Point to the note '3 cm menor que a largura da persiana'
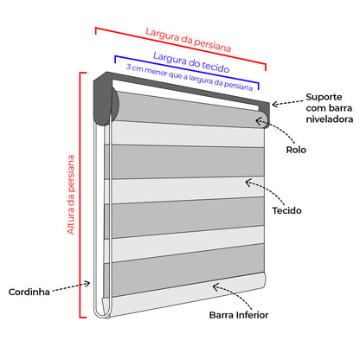point(190,77)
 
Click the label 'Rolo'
point(296,150)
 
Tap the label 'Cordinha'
point(29,290)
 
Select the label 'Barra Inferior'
point(239,315)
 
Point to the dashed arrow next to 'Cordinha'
point(69,286)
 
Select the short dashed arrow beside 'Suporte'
point(286,102)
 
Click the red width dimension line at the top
point(182,48)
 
